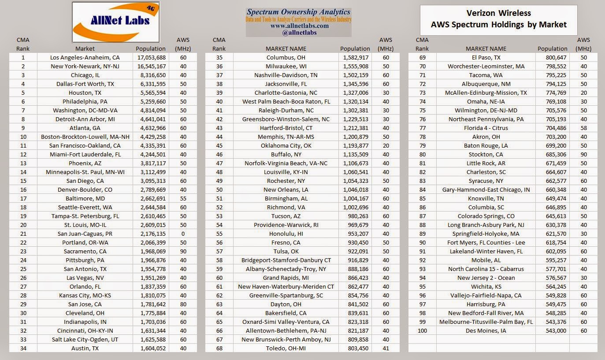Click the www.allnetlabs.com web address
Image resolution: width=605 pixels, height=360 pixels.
pos(299,26)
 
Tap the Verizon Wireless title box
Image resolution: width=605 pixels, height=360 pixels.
pos(498,20)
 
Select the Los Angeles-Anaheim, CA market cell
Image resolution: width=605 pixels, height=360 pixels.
pos(85,57)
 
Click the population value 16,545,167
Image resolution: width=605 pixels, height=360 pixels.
pos(151,66)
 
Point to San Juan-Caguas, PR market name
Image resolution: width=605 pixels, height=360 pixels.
pos(85,234)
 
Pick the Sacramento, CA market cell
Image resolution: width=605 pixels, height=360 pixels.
pos(85,251)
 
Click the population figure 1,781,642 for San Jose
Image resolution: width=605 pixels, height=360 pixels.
pos(151,304)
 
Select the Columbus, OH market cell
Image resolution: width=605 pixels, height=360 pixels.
pos(286,57)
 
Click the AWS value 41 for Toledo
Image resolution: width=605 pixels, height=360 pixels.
pos(386,348)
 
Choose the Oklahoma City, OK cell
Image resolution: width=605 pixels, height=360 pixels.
pos(286,145)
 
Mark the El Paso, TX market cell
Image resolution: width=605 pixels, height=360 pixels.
pos(486,57)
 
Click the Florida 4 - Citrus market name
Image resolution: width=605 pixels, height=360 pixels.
pos(486,128)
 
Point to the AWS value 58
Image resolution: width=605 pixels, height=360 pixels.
pos(584,128)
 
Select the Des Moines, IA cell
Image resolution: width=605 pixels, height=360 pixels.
pos(486,330)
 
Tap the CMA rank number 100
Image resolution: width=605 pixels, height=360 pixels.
pos(422,330)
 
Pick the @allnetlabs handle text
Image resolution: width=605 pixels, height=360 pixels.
pos(299,33)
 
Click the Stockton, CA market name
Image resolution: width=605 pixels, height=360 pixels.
pos(486,154)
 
